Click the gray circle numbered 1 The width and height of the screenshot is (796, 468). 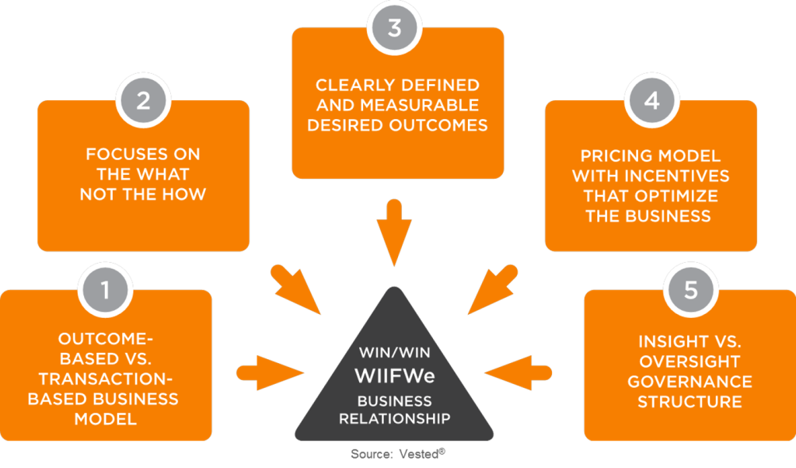(x=105, y=290)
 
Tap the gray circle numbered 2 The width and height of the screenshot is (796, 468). (x=143, y=100)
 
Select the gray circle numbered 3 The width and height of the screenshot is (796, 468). (x=394, y=27)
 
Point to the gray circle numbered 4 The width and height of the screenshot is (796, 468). (x=651, y=100)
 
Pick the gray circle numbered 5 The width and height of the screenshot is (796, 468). (x=690, y=290)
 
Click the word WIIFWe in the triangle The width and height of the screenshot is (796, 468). (x=394, y=376)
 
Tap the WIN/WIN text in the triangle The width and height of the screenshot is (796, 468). (x=394, y=352)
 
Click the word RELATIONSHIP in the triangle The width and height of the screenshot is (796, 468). (x=394, y=419)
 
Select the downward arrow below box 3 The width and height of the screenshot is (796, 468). (x=394, y=232)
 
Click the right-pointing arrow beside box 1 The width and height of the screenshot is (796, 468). (x=270, y=373)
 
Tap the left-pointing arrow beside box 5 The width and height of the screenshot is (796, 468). (x=518, y=373)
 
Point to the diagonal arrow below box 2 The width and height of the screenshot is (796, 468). (x=295, y=289)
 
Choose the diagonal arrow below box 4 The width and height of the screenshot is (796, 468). (x=493, y=289)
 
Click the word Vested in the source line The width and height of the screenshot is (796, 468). (x=419, y=454)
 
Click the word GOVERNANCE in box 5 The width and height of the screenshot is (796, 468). (x=690, y=382)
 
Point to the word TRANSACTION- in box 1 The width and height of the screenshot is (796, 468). (x=106, y=379)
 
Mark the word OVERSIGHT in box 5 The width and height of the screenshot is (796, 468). (x=690, y=361)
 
